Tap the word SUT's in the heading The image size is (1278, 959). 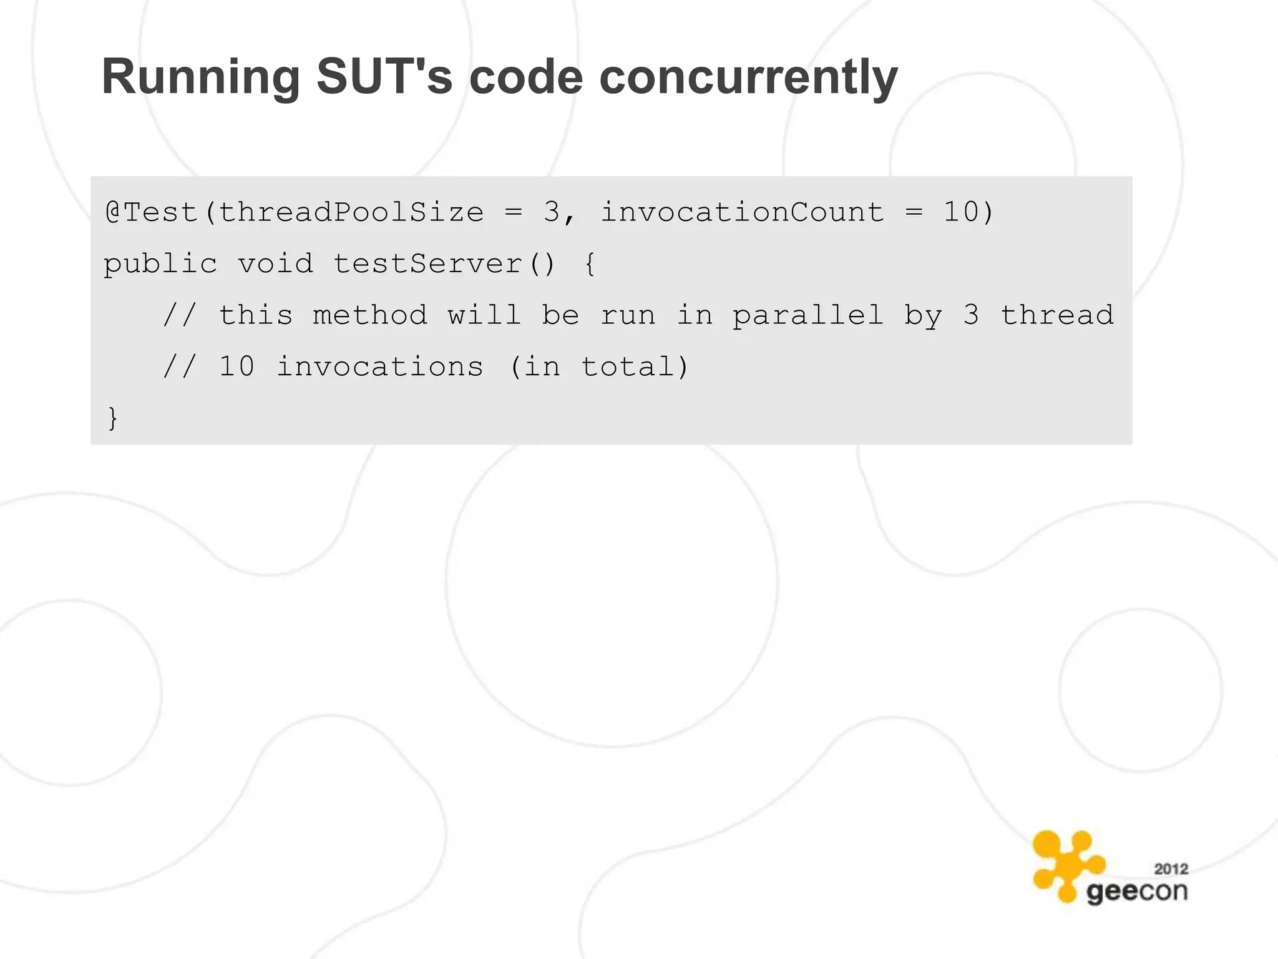[x=384, y=77]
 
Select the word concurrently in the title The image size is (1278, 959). [x=748, y=77]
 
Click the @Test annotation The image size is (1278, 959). [x=152, y=212]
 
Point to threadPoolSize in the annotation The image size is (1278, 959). [x=351, y=212]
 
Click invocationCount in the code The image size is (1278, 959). [x=743, y=212]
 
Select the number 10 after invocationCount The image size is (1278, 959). [x=961, y=212]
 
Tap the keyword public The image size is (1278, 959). [x=160, y=264]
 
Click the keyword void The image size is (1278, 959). [x=275, y=264]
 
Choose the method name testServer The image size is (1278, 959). [x=427, y=264]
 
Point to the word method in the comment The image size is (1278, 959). [x=370, y=315]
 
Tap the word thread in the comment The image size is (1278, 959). [x=1057, y=315]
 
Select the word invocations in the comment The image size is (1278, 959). [x=379, y=367]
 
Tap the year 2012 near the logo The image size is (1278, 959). [x=1171, y=869]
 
